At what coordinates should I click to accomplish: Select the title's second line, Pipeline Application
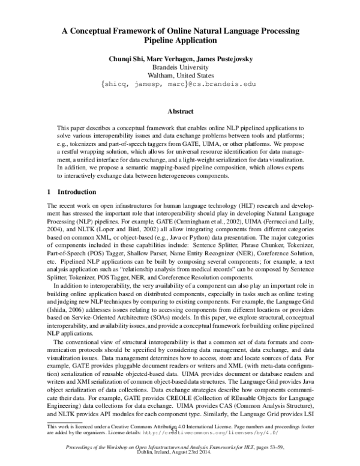pyautogui.click(x=179, y=40)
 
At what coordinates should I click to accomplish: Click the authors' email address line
pyautogui.click(x=180, y=85)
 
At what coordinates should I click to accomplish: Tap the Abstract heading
pyautogui.click(x=180, y=112)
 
